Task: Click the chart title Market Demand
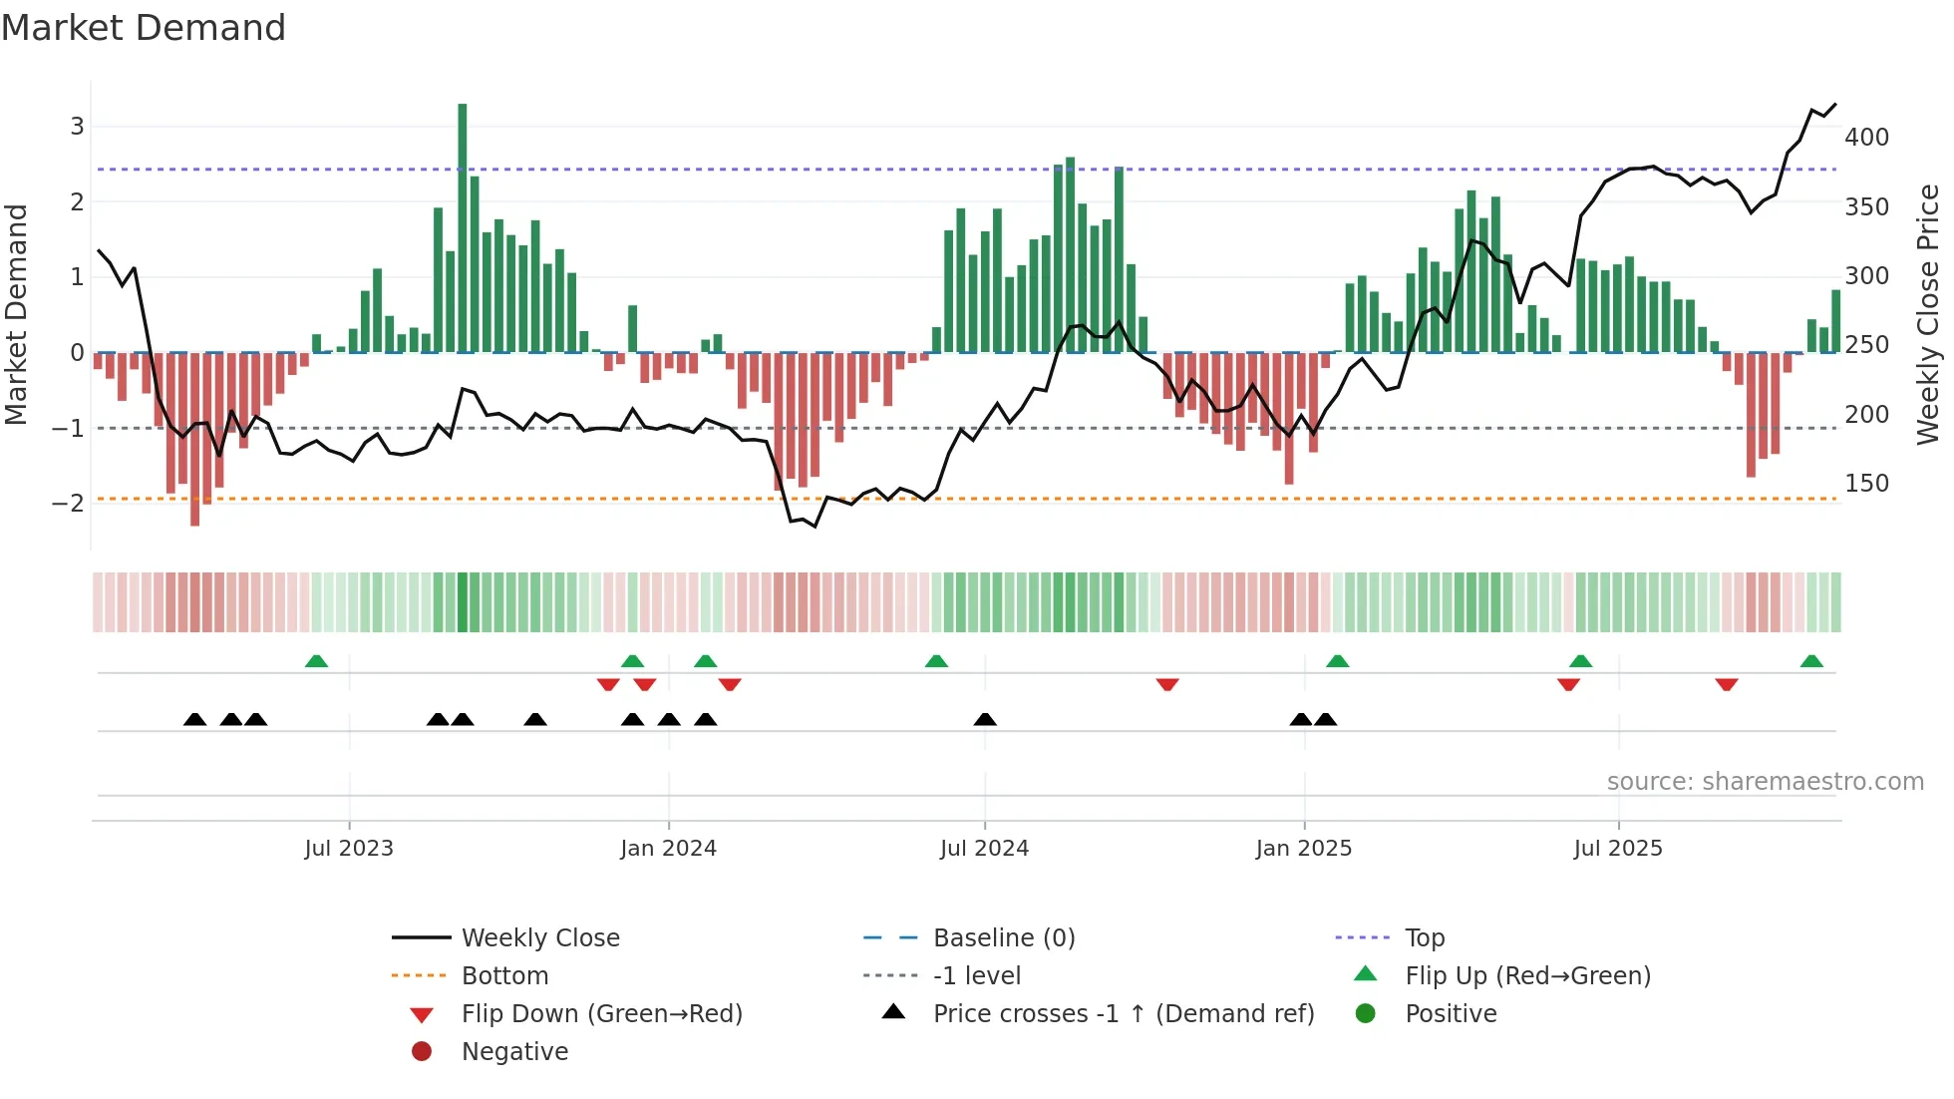pos(144,28)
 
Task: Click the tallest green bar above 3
pos(463,229)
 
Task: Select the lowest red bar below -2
pos(195,439)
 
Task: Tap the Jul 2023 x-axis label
pos(349,849)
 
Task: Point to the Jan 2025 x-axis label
pos(1304,849)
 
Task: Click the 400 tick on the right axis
pos(1866,138)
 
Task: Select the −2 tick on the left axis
pos(68,503)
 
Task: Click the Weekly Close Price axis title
pos(1928,314)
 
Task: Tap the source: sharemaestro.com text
pos(1765,782)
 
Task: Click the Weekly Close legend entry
pos(539,938)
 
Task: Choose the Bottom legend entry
pos(504,976)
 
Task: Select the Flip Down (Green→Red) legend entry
pos(601,1014)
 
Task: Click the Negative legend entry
pos(514,1052)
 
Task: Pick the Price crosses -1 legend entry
pos(1123,1014)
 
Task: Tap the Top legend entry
pos(1425,938)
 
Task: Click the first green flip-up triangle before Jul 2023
pos(316,661)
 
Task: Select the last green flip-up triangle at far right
pos(1811,661)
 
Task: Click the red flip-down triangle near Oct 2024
pos(1167,684)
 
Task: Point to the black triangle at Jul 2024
pos(985,719)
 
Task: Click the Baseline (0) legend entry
pos(1003,938)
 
